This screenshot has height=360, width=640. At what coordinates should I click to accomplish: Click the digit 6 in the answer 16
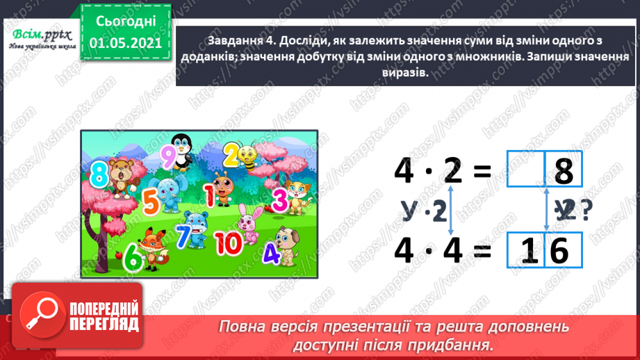pyautogui.click(x=559, y=249)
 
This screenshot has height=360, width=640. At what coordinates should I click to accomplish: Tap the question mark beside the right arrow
pyautogui.click(x=585, y=211)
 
